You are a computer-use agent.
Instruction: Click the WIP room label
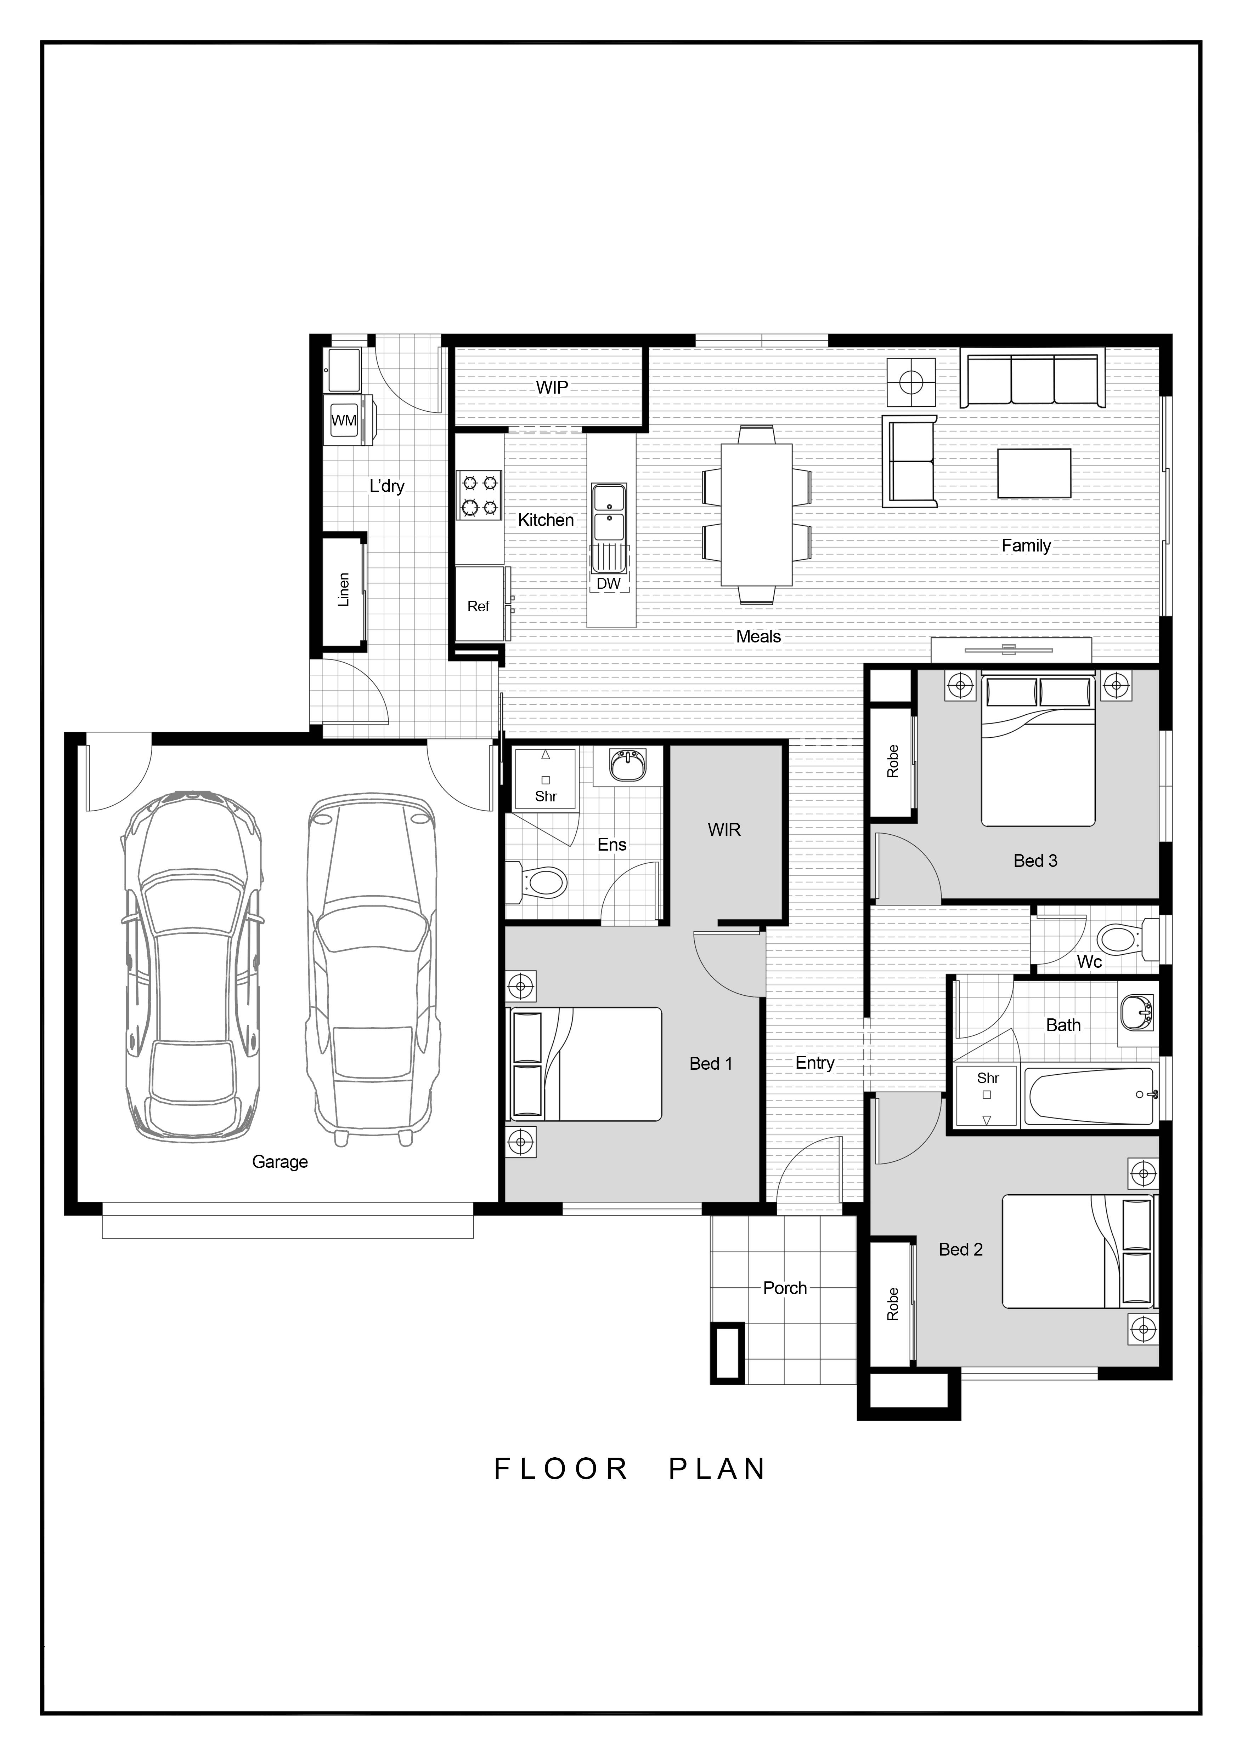552,388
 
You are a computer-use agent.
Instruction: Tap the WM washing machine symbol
344,421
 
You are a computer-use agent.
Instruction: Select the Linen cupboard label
343,589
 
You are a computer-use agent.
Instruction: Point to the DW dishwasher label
609,583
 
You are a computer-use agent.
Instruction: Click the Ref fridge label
478,606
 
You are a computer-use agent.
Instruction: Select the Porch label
785,1288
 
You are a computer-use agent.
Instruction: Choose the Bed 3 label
1035,861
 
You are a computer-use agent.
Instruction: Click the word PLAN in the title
717,1469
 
